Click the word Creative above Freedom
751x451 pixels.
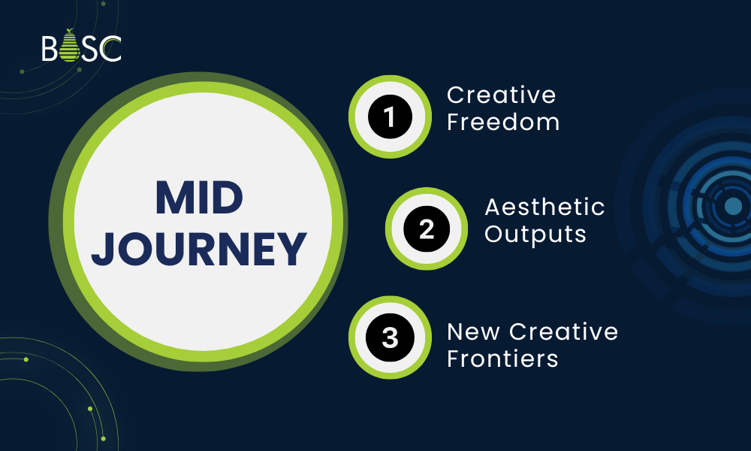[502, 95]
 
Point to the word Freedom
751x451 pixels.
[503, 123]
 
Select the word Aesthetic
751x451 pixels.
[544, 206]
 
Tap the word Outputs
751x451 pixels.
[535, 234]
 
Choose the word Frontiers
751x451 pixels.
[502, 359]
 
